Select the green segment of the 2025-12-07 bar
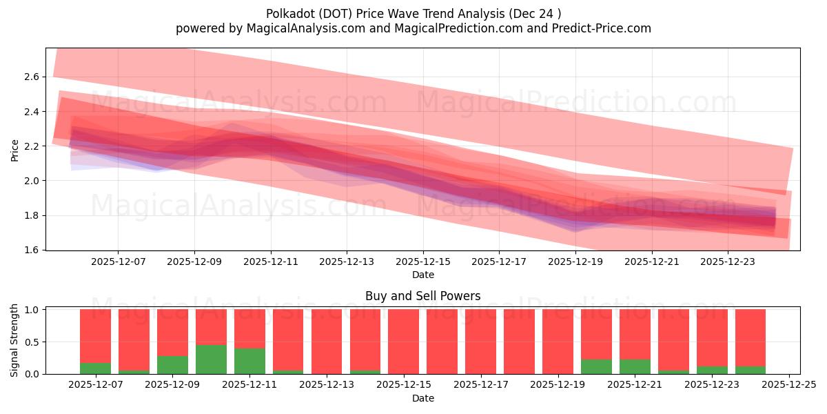(95, 368)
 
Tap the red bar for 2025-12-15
(403, 342)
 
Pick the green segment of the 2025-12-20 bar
(596, 367)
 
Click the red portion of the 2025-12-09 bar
(172, 332)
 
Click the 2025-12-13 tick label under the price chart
(347, 262)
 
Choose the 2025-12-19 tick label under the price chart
(575, 262)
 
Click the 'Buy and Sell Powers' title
(422, 297)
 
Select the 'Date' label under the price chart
(422, 275)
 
